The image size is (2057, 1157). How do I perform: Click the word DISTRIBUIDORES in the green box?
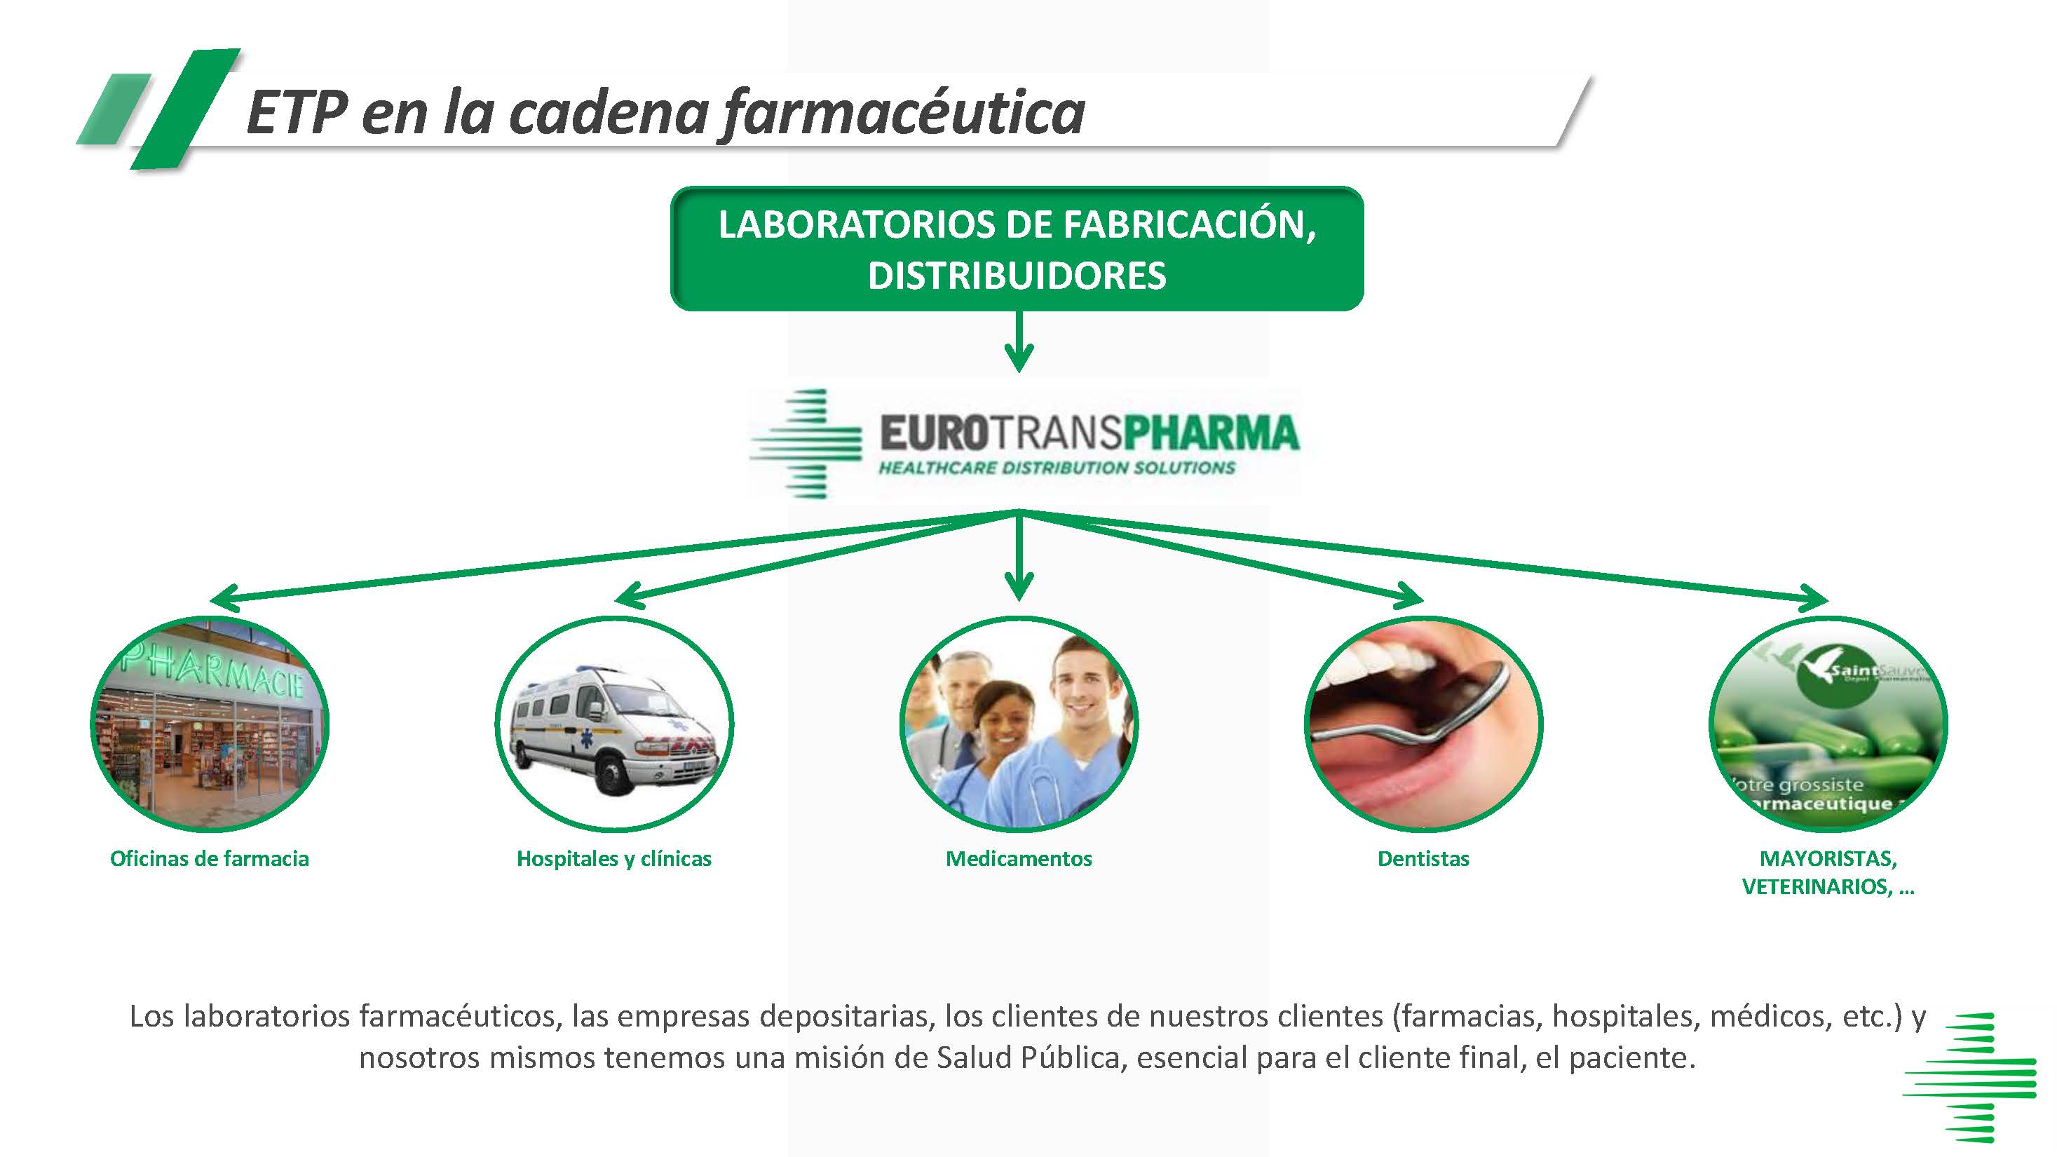coord(1017,276)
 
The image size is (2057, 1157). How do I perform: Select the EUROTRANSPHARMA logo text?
coord(1089,433)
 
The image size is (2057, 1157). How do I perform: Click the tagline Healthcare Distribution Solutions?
coord(1057,468)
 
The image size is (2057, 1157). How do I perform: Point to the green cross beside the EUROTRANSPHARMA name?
coord(806,443)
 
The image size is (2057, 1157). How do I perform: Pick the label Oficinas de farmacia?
coord(209,858)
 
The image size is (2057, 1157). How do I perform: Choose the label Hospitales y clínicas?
coord(613,858)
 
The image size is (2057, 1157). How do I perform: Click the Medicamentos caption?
coord(1018,858)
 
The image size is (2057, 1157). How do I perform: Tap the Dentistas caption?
coord(1423,858)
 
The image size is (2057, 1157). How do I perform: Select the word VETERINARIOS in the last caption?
coord(1816,886)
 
